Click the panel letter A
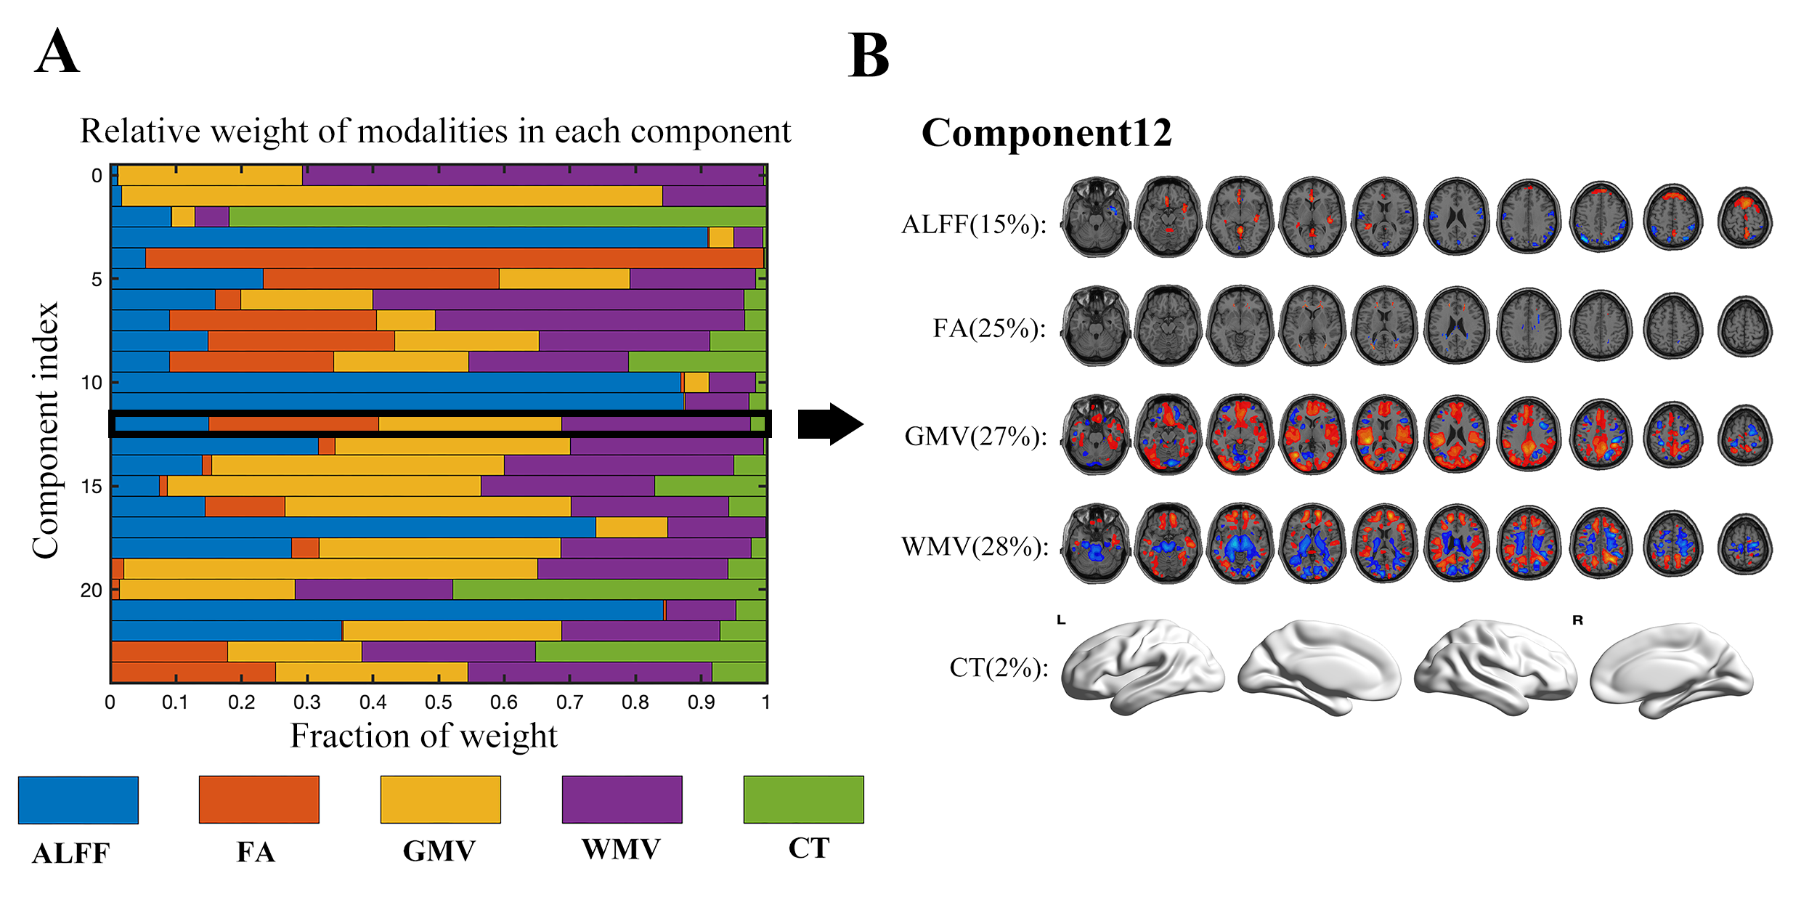click(57, 52)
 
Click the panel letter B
click(869, 56)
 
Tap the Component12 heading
click(1046, 133)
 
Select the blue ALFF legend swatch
click(78, 800)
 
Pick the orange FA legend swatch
click(259, 800)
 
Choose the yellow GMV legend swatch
click(441, 800)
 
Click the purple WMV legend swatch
click(622, 800)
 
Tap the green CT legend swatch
click(804, 800)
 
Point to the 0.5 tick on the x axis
click(439, 702)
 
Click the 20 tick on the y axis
click(92, 590)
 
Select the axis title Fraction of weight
click(424, 736)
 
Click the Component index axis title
click(45, 431)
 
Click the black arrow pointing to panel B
click(831, 424)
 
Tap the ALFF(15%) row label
click(974, 224)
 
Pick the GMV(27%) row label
click(976, 437)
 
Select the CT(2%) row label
click(999, 667)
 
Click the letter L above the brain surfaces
click(1061, 620)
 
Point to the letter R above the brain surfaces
click(1577, 620)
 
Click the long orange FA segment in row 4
click(455, 258)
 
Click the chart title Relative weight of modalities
click(435, 131)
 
